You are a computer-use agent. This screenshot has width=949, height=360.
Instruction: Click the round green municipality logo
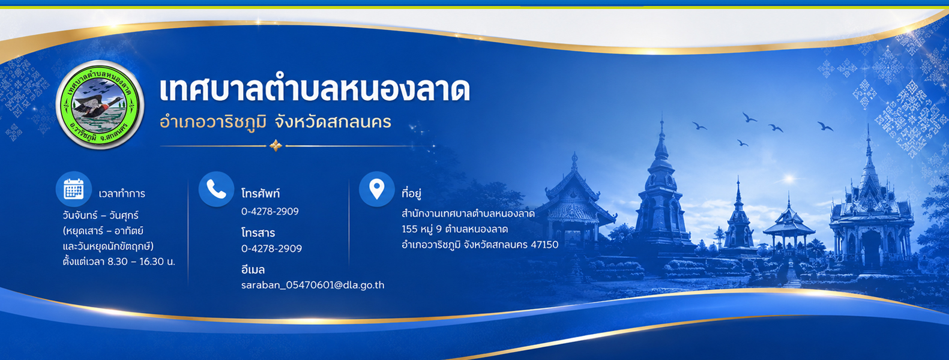tap(100, 104)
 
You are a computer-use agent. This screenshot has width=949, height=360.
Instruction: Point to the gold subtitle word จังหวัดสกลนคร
tap(333, 122)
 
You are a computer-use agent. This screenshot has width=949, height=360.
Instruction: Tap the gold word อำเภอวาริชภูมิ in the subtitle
tap(213, 122)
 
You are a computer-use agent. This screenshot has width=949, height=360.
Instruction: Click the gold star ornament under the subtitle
tap(276, 146)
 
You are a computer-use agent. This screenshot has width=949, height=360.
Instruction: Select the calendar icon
tap(74, 189)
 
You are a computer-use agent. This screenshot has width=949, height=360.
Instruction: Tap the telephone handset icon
tap(216, 189)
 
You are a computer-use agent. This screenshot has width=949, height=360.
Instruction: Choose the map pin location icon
tap(376, 189)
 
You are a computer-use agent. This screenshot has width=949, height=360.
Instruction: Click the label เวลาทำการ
tap(122, 194)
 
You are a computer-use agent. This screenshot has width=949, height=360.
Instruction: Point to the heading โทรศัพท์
tap(261, 193)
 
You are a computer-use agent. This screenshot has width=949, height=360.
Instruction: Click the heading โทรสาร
tap(258, 233)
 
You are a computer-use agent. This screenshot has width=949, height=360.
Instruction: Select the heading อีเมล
tap(253, 269)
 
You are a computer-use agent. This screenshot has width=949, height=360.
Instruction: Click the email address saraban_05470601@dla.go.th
tap(313, 285)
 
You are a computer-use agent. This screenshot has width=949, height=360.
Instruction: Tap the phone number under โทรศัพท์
tap(270, 211)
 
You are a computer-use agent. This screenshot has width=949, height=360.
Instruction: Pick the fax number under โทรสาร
tap(271, 248)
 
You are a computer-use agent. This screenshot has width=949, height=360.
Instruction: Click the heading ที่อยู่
tap(411, 193)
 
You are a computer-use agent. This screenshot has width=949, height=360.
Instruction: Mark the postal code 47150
tap(544, 245)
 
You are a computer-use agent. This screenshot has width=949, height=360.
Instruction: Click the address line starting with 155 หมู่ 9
tap(454, 229)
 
